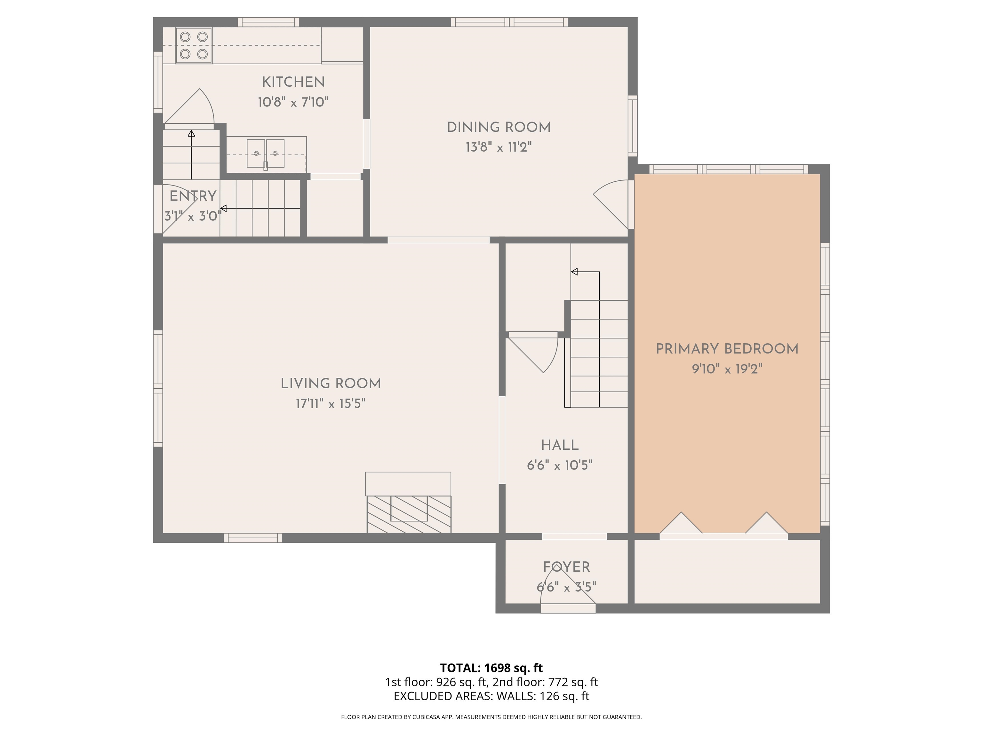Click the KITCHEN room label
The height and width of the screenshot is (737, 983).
pyautogui.click(x=293, y=82)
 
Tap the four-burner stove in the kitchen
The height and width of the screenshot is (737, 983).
pyautogui.click(x=194, y=45)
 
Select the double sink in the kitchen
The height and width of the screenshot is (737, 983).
pyautogui.click(x=266, y=153)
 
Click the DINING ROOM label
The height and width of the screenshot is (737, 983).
pyautogui.click(x=499, y=128)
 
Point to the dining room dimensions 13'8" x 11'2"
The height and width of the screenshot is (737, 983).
pyautogui.click(x=499, y=147)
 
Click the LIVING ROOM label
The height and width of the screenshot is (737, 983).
pyautogui.click(x=331, y=384)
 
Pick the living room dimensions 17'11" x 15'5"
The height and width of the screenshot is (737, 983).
pyautogui.click(x=331, y=404)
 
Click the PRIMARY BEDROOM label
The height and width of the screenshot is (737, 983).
pyautogui.click(x=727, y=349)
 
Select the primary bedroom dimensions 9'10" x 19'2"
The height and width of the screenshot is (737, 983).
pyautogui.click(x=727, y=369)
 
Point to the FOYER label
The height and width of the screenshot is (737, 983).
pyautogui.click(x=567, y=567)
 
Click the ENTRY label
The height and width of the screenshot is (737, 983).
pyautogui.click(x=193, y=196)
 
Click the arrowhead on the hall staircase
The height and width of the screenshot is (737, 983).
pyautogui.click(x=574, y=272)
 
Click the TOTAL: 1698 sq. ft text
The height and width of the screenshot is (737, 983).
pyautogui.click(x=491, y=668)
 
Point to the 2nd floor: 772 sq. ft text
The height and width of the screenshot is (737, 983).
pyautogui.click(x=545, y=682)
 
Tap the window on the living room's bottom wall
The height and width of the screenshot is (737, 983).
pyautogui.click(x=253, y=538)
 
